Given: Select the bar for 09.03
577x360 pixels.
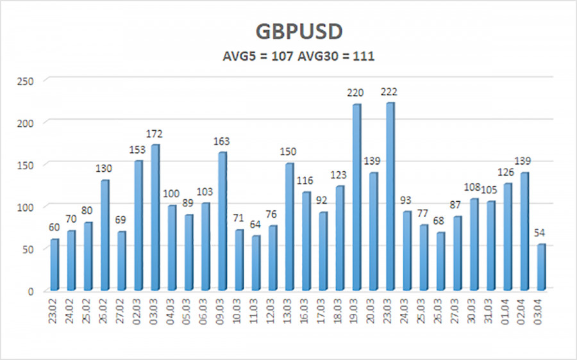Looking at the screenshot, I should tap(222, 220).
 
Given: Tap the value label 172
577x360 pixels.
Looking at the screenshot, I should tap(155, 134).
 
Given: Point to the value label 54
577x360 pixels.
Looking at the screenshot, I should tap(542, 233).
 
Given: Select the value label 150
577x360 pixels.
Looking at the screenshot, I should tap(289, 152).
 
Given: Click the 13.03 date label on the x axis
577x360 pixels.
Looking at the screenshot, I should tap(290, 311).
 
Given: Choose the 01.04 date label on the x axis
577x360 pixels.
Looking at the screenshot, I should tap(508, 311).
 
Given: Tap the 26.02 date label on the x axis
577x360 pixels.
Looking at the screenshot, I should tap(105, 311).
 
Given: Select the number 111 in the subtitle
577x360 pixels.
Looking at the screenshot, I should tap(363, 56).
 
